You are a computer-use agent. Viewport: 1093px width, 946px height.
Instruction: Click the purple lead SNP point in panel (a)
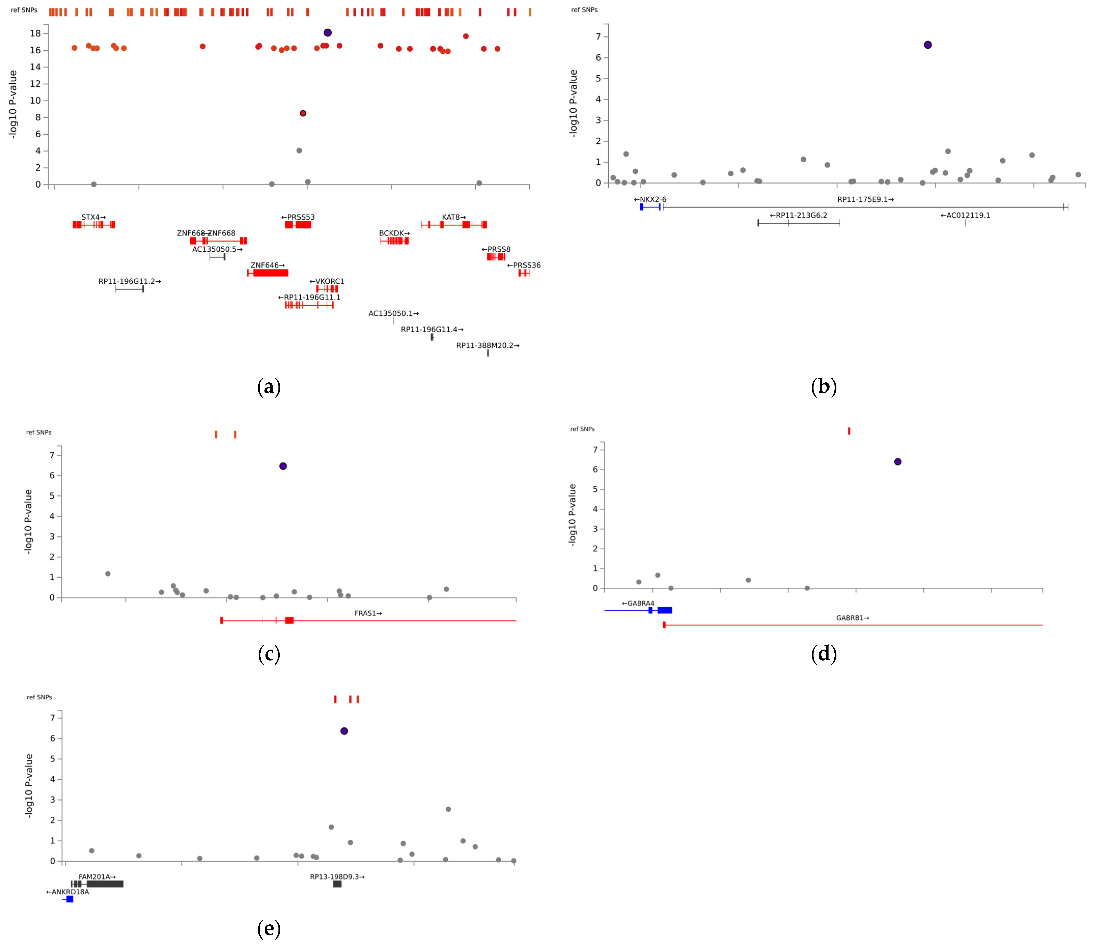pos(327,33)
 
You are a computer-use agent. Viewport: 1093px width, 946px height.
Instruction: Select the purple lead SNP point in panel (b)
pos(928,45)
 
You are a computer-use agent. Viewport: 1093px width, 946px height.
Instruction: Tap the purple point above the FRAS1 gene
pos(283,466)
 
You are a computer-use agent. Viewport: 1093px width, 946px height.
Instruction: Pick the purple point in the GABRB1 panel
pos(898,462)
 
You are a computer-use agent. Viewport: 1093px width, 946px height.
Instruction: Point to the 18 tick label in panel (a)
pos(35,33)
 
